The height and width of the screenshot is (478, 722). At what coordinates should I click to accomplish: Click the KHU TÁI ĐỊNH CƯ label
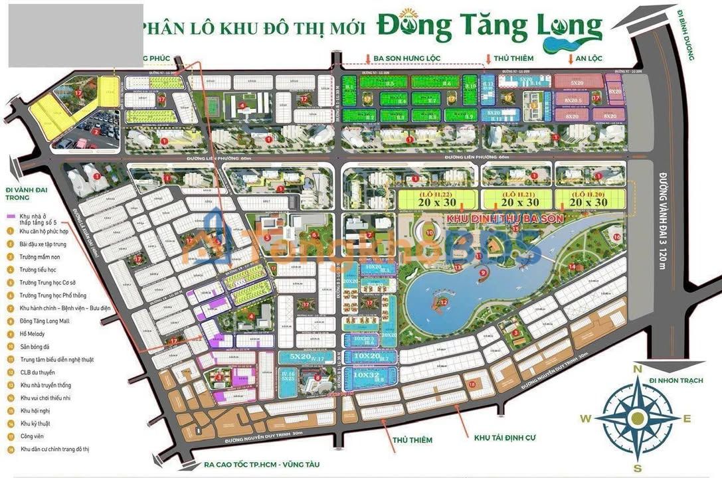pyautogui.click(x=504, y=438)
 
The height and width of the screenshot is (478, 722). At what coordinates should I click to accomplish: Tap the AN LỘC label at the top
pyautogui.click(x=588, y=58)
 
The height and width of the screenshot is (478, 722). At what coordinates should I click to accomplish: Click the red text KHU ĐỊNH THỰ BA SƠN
pyautogui.click(x=505, y=218)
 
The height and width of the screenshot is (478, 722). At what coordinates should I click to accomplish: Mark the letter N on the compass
pyautogui.click(x=637, y=370)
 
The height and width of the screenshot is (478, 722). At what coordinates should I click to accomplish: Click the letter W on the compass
pyautogui.click(x=585, y=418)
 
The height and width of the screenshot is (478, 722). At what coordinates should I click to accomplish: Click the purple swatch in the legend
pyautogui.click(x=10, y=217)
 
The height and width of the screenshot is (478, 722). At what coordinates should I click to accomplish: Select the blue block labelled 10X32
pyautogui.click(x=367, y=375)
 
